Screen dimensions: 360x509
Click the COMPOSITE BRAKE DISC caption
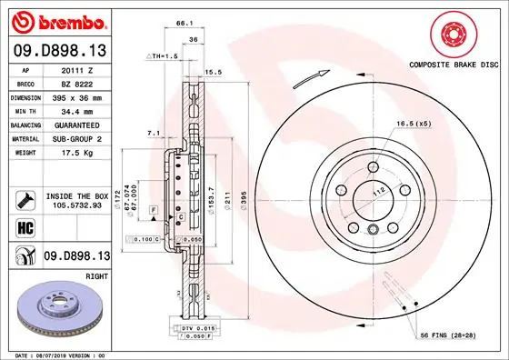(451, 66)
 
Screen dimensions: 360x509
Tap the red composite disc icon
(451, 35)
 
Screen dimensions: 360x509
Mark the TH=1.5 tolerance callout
(164, 56)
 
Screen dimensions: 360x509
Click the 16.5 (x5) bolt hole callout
(411, 124)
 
